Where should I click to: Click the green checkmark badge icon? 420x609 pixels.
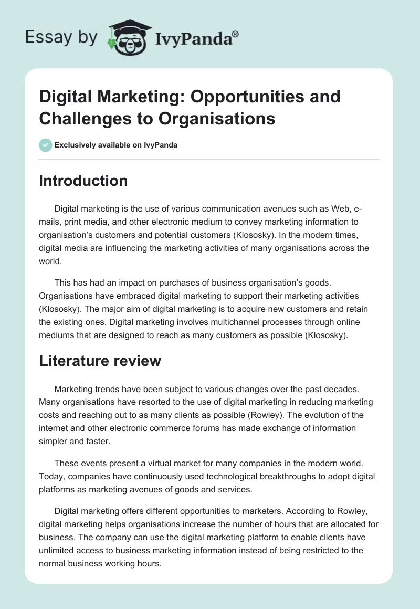pos(46,145)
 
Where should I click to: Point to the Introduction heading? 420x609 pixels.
pos(83,181)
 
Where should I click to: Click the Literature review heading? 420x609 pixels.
pos(100,361)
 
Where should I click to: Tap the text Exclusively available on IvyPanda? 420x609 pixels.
pos(116,145)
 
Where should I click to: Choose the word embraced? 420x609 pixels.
pos(121,296)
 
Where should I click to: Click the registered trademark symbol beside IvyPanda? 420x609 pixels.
pos(236,35)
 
